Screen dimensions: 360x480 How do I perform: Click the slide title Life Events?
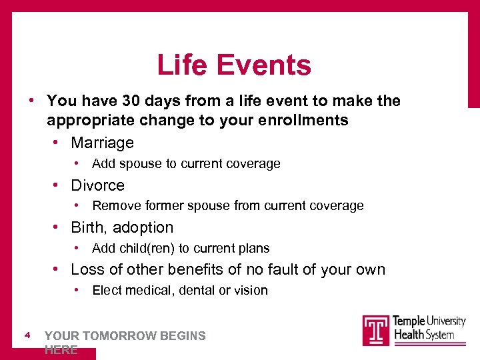[234, 65]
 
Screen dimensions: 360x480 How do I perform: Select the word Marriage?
[102, 143]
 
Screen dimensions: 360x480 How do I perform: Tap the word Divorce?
[97, 185]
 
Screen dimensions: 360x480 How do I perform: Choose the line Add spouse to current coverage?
[186, 164]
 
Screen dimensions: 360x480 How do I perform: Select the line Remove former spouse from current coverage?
[227, 206]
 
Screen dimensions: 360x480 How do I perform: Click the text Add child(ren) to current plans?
[181, 249]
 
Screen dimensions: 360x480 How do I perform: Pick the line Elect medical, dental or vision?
[179, 291]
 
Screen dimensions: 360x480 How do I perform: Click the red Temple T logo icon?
[376, 329]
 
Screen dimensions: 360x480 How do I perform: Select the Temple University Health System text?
[429, 327]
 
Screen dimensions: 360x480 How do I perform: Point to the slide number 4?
[27, 335]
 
